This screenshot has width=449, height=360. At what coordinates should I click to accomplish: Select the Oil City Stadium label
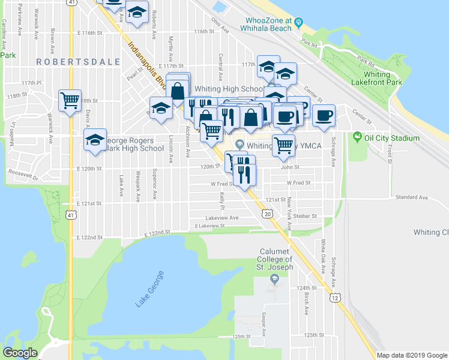click(391, 138)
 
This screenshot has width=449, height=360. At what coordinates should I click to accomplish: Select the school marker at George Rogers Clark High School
click(95, 140)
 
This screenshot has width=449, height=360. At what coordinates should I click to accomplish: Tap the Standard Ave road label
click(411, 197)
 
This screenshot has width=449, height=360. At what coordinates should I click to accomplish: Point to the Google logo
click(20, 353)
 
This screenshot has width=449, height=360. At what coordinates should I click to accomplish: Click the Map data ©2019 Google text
click(411, 355)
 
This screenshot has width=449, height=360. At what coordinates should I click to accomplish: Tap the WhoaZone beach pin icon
click(298, 23)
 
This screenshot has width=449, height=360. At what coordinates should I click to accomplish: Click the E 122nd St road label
click(158, 232)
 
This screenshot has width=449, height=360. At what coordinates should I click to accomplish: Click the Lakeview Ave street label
click(222, 218)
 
